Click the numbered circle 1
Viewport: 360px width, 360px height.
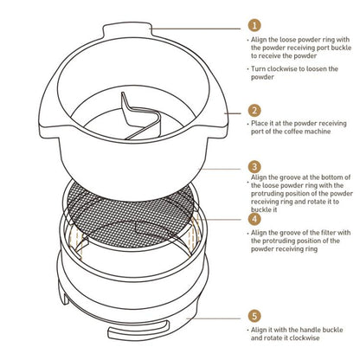[254, 27]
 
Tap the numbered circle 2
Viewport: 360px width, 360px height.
[254, 111]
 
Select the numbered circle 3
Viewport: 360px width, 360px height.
[254, 166]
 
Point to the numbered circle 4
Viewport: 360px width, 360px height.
[254, 219]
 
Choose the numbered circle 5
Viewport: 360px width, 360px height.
[254, 317]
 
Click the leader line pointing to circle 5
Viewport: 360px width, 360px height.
[216, 317]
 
